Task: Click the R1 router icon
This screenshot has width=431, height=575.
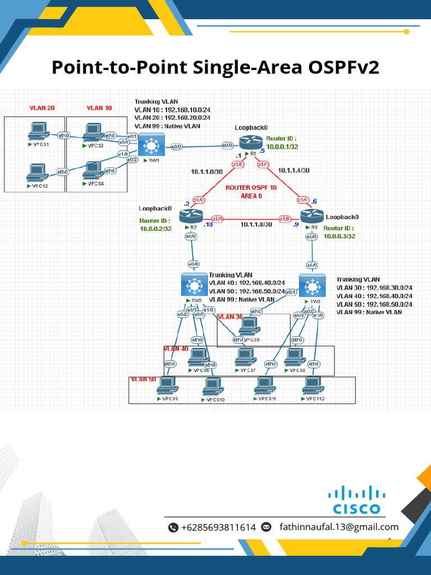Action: pos(249,143)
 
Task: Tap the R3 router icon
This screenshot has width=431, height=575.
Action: pos(312,216)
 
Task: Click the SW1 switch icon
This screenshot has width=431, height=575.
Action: pos(150,146)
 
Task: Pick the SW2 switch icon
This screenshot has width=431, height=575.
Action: pos(194,285)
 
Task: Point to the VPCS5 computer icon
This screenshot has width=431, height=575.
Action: pos(248,327)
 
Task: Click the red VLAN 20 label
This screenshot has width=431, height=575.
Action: pos(42,108)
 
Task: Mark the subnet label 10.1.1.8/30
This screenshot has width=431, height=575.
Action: pos(256,224)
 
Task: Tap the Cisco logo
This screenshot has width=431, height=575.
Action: pos(356,500)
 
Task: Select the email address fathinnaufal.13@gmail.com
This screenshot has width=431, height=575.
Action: pos(338,527)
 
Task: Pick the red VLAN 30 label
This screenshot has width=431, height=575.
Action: pos(230,317)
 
